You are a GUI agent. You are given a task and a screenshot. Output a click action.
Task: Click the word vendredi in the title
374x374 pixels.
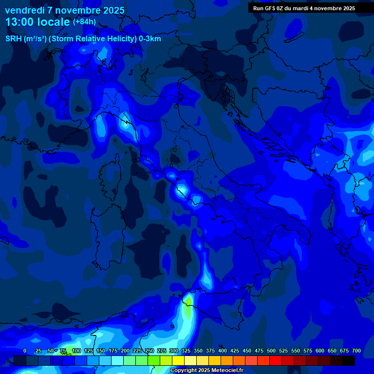pyautogui.click(x=24, y=10)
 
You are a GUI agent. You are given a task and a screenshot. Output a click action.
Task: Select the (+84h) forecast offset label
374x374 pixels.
pyautogui.click(x=84, y=22)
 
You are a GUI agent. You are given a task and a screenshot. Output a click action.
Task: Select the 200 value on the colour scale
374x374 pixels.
pyautogui.click(x=125, y=351)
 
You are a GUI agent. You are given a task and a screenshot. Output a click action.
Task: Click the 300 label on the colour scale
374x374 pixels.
pyautogui.click(x=174, y=351)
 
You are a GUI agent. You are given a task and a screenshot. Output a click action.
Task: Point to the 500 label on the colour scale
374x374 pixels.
pyautogui.click(x=271, y=351)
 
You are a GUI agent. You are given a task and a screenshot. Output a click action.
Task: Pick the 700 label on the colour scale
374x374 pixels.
pyautogui.click(x=356, y=351)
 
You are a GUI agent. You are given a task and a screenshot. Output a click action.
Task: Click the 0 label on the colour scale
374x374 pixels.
pyautogui.click(x=25, y=351)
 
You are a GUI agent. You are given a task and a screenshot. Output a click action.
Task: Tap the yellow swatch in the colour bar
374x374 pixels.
pyautogui.click(x=178, y=361)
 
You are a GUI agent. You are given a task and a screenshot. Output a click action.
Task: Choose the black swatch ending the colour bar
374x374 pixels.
pyautogui.click(x=349, y=361)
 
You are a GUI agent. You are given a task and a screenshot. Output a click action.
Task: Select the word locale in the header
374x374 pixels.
pyautogui.click(x=55, y=22)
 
